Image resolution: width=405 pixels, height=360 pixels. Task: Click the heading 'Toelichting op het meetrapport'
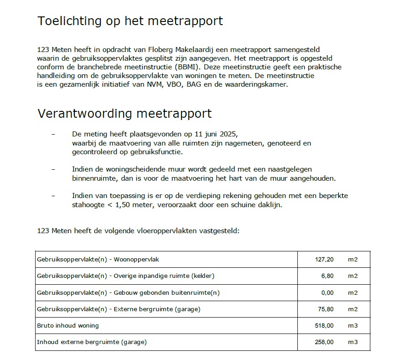click(130, 21)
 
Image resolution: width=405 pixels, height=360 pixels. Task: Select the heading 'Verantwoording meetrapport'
click(125, 113)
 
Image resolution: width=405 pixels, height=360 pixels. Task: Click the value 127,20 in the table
click(324, 260)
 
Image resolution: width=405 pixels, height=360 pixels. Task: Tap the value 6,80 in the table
click(327, 276)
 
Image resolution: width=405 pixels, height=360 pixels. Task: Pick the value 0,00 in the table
click(327, 292)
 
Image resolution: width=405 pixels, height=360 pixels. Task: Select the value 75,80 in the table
click(326, 309)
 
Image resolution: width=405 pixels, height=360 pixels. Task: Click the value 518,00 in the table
click(324, 325)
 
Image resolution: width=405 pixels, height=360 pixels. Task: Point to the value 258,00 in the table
click(324, 342)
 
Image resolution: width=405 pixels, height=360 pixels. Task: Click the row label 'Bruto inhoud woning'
click(67, 325)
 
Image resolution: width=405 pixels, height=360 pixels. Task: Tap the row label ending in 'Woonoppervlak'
click(98, 260)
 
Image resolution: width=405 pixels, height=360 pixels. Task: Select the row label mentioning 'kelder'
click(125, 276)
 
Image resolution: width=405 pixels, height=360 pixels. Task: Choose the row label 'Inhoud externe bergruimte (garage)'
click(92, 342)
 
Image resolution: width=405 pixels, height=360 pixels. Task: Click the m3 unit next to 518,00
click(353, 325)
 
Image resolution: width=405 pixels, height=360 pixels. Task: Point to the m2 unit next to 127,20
click(353, 260)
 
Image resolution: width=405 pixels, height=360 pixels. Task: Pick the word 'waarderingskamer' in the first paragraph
click(258, 84)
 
